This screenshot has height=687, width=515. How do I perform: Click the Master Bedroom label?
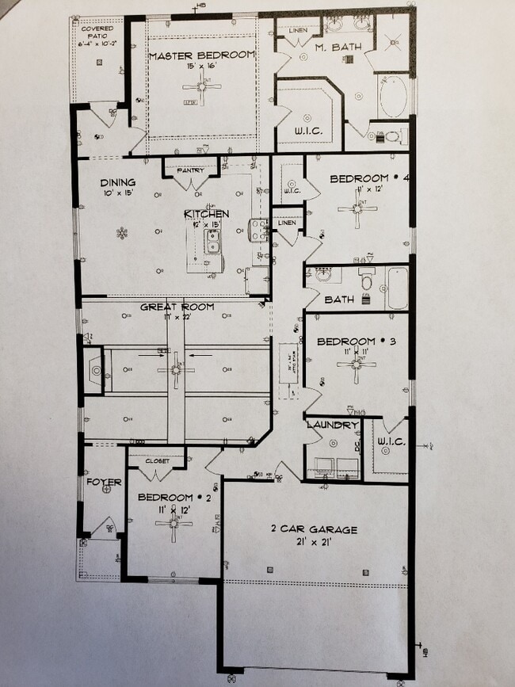[202, 55]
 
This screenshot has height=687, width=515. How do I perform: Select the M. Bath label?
[338, 48]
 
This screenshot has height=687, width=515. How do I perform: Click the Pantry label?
[191, 170]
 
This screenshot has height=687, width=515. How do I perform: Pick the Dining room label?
[117, 182]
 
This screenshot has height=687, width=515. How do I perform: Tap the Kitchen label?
[207, 214]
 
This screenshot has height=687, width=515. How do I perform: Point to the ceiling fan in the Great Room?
[176, 368]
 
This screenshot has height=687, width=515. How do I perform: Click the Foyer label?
[104, 482]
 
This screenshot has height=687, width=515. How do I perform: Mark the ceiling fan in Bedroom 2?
[174, 523]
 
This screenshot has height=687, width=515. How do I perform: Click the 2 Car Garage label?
[314, 529]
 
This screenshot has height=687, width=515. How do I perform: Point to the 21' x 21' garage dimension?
[314, 542]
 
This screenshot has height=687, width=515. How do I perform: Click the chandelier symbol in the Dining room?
[121, 233]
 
